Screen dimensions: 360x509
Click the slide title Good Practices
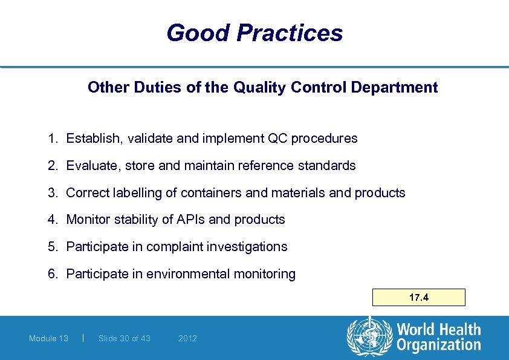[254, 33]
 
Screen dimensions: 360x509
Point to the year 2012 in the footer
[187, 338]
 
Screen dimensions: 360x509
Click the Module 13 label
[48, 338]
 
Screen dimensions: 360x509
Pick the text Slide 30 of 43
[124, 338]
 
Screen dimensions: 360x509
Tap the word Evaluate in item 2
[91, 166]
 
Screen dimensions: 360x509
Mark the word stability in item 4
[136, 220]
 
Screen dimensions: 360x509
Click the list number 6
[52, 274]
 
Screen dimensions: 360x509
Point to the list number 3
[52, 193]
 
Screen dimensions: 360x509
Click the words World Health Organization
[438, 338]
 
